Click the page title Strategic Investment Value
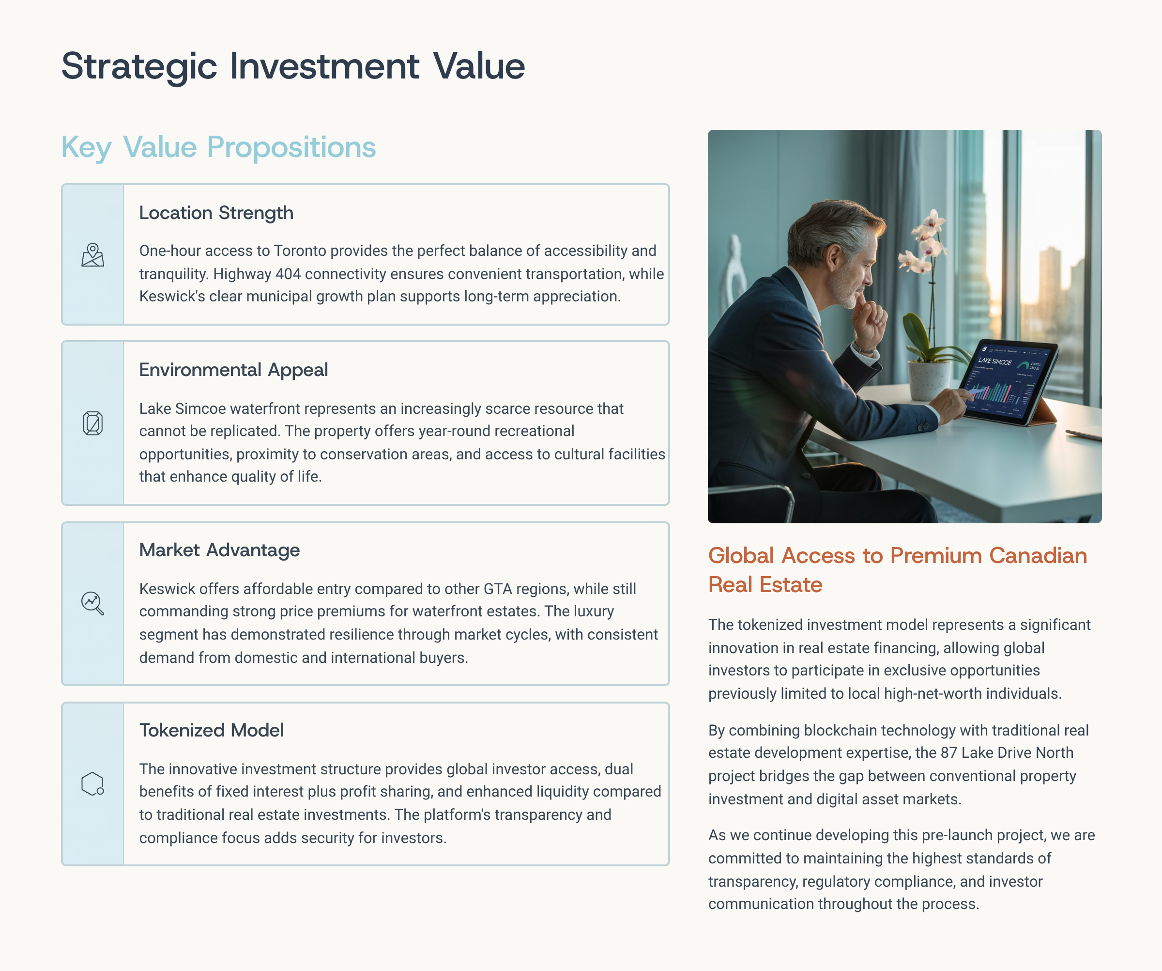pyautogui.click(x=293, y=66)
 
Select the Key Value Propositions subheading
pyautogui.click(x=218, y=147)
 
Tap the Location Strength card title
pyautogui.click(x=216, y=213)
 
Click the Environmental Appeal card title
pyautogui.click(x=233, y=369)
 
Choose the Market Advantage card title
pyautogui.click(x=219, y=550)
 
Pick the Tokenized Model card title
pyautogui.click(x=212, y=730)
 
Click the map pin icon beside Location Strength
pyautogui.click(x=92, y=255)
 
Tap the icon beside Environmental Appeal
pyautogui.click(x=92, y=423)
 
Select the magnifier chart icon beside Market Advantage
pyautogui.click(x=92, y=603)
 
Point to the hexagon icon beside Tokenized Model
pyautogui.click(x=92, y=784)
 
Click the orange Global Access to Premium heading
pyautogui.click(x=898, y=570)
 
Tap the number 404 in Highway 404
pyautogui.click(x=288, y=274)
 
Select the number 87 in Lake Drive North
pyautogui.click(x=949, y=753)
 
